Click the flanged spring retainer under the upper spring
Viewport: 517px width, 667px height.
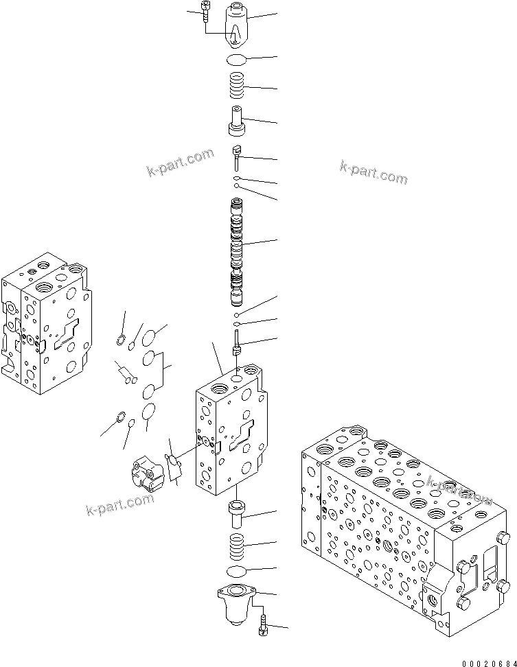click(237, 121)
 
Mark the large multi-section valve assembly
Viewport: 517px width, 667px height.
click(405, 528)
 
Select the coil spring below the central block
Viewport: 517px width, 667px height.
click(236, 546)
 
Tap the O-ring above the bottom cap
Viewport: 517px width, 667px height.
click(236, 572)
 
